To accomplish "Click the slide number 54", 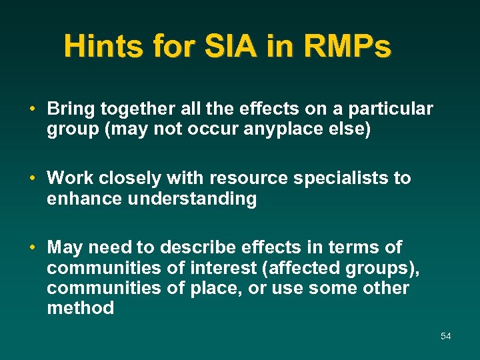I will coord(445,336).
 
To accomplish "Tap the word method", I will coord(80,308).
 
